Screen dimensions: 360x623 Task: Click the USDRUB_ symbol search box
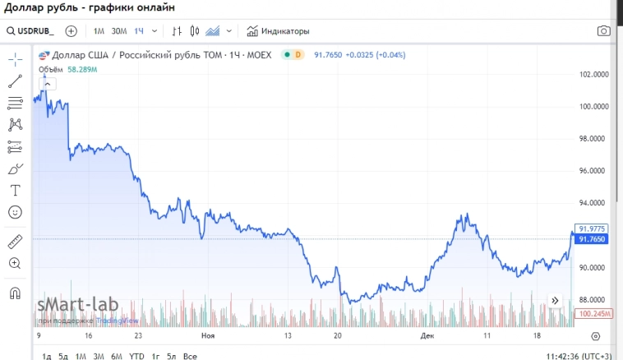pyautogui.click(x=30, y=31)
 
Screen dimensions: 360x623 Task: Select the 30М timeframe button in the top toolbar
pyautogui.click(x=119, y=31)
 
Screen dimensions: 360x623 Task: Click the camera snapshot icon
pyautogui.click(x=604, y=31)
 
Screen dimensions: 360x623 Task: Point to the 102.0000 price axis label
pyautogui.click(x=593, y=74)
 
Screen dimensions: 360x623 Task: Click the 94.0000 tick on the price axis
pyautogui.click(x=593, y=203)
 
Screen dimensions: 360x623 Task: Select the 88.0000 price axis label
pyautogui.click(x=593, y=300)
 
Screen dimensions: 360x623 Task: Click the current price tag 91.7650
pyautogui.click(x=592, y=239)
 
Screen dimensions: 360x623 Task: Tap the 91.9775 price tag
pyautogui.click(x=592, y=228)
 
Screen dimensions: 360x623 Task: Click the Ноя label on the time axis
pyautogui.click(x=208, y=336)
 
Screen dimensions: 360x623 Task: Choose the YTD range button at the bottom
pyautogui.click(x=136, y=356)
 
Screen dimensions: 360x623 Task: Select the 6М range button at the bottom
pyautogui.click(x=117, y=356)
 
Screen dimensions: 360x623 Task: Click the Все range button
pyautogui.click(x=190, y=356)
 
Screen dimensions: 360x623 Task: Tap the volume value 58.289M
pyautogui.click(x=82, y=70)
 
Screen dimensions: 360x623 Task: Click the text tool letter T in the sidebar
pyautogui.click(x=15, y=190)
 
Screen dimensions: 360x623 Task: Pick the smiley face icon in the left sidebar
pyautogui.click(x=15, y=212)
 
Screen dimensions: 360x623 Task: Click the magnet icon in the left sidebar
pyautogui.click(x=15, y=293)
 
